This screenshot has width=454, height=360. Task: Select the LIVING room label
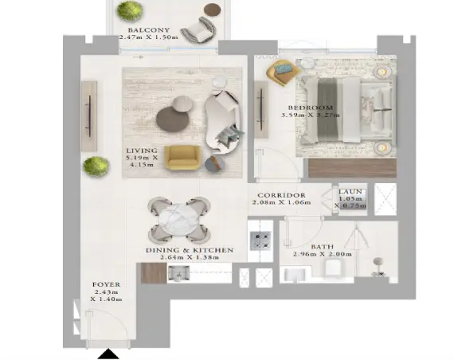pos(142,150)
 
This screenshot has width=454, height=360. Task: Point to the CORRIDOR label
pos(276,194)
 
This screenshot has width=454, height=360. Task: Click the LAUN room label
pos(350,192)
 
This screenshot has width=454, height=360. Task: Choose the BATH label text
pos(322,247)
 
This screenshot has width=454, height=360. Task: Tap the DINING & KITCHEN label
pos(189,250)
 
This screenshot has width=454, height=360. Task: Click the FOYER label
pos(106,284)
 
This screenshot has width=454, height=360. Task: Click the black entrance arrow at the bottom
pos(108,353)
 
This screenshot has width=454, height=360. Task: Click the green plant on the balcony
pos(127,11)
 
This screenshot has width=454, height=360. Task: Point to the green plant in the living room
pos(96,166)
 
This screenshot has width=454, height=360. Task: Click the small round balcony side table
pos(212,10)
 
